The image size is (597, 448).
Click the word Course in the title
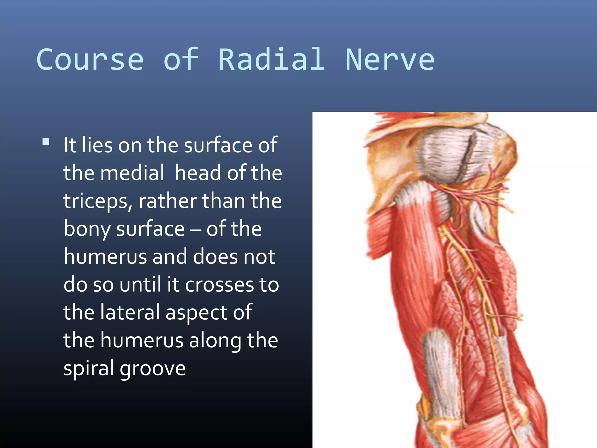[90, 60]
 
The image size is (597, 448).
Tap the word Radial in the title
[272, 60]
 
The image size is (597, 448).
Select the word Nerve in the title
[390, 60]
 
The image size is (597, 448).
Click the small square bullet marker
[46, 142]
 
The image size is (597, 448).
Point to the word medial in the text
[132, 173]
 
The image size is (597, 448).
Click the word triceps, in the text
[98, 201]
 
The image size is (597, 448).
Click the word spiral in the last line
[89, 368]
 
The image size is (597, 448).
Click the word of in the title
[181, 60]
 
